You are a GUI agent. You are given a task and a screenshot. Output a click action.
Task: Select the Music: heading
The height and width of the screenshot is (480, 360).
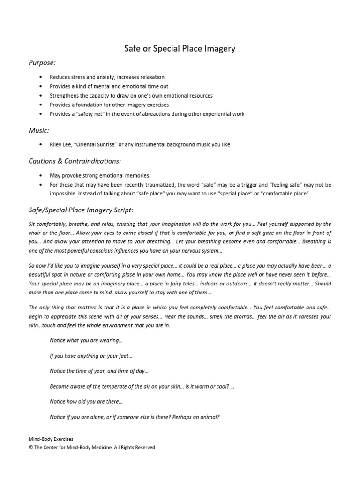tap(39, 130)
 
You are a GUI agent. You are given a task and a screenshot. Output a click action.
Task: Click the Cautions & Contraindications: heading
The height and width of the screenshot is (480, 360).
tap(75, 161)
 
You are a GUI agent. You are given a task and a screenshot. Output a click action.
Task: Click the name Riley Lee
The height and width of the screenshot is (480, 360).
tap(60, 145)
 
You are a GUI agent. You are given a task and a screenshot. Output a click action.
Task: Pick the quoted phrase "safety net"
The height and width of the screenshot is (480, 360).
tap(89, 114)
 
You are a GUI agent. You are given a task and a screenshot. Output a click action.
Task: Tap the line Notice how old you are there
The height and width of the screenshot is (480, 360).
tap(86, 402)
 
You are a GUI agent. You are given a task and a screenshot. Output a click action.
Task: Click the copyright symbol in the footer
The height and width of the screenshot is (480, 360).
tap(31, 448)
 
